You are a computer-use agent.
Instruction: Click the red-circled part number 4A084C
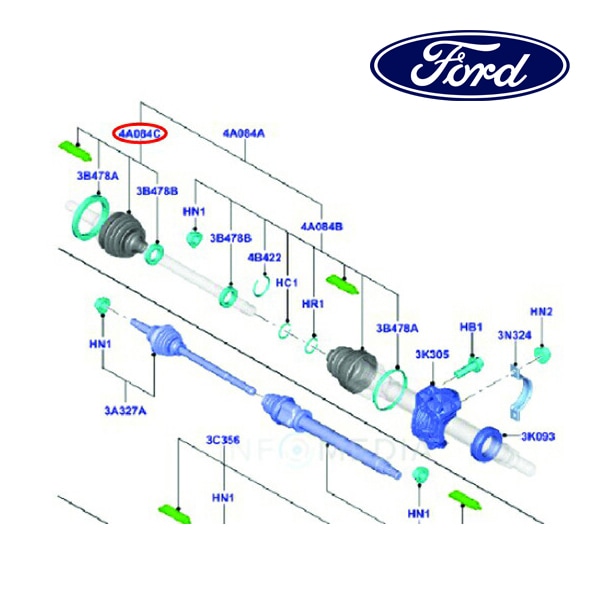coord(139,132)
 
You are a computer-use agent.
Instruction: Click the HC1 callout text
coord(287,283)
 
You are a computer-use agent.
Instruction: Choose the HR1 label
coord(313,304)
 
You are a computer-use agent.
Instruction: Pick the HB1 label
coord(471,328)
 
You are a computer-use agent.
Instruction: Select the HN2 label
coord(541,312)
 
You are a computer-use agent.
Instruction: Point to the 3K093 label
coord(538,436)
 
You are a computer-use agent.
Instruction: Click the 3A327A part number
coord(126,408)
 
